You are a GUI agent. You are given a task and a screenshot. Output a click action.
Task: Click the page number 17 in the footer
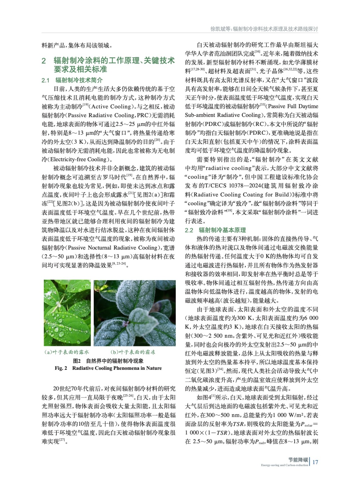pos(315,462)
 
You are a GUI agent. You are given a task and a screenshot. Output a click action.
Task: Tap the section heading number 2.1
pos(45,80)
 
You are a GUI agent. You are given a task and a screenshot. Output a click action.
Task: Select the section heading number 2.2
pos(189,230)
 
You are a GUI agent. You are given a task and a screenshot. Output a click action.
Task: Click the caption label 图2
pos(77,361)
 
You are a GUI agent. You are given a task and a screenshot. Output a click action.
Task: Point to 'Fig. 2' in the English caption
pos(61,368)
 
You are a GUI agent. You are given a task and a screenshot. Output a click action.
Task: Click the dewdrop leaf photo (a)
pos(67,313)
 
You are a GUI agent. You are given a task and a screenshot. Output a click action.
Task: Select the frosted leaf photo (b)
pos(134,313)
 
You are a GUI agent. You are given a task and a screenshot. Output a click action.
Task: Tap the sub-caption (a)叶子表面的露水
pos(67,352)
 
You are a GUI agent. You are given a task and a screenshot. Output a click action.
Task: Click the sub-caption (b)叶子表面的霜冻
pos(133,352)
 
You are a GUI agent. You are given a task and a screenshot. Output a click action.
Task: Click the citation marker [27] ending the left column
pos(62,440)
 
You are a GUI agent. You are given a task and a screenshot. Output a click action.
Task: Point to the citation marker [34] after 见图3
pos(220,370)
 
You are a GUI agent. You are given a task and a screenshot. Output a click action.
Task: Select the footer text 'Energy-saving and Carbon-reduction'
pos(284,465)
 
